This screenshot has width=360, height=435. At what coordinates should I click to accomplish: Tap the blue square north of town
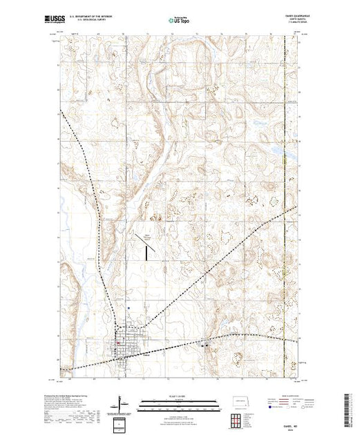pyautogui.click(x=128, y=308)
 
